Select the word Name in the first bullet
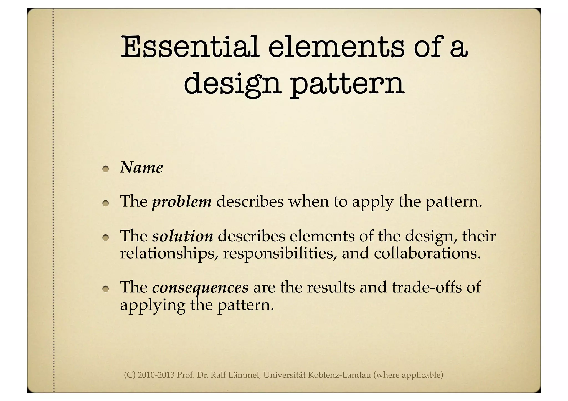click(x=141, y=168)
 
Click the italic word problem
click(x=182, y=201)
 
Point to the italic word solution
click(x=182, y=236)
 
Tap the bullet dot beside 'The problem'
click(x=105, y=203)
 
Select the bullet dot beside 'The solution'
click(x=105, y=238)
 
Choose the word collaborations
click(x=427, y=253)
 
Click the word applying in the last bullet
click(x=153, y=305)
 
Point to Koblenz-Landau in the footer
click(x=339, y=375)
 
